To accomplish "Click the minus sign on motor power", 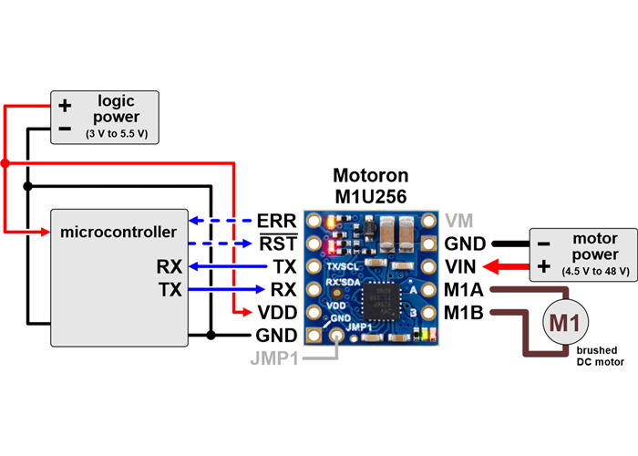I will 543,244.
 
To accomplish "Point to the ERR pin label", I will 276,222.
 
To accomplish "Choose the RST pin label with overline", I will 277,244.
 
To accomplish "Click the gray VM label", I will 459,221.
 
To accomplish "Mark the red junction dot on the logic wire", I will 5,163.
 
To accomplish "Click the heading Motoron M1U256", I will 370,185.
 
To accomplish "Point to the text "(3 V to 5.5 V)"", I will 116,134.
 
